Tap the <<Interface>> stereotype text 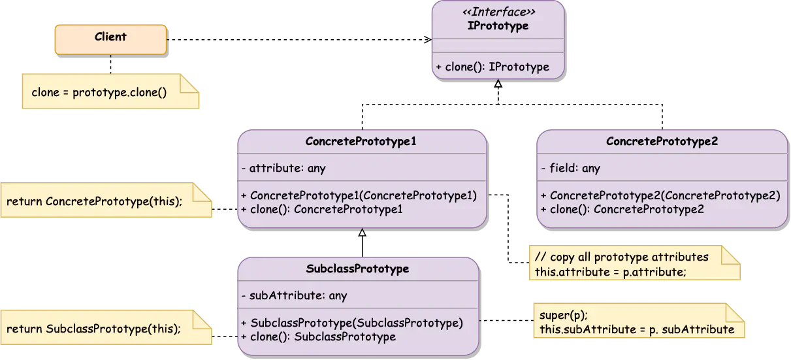point(498,12)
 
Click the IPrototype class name point(498,26)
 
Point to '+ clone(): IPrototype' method point(492,67)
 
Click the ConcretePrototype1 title point(361,141)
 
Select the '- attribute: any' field point(283,168)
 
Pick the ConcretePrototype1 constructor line point(359,195)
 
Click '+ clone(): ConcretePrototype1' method point(321,209)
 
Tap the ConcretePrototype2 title point(662,141)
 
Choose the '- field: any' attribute point(570,168)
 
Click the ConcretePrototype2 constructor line point(660,195)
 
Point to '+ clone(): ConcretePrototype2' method point(622,209)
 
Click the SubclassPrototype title point(357,269)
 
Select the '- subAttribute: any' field point(294,295)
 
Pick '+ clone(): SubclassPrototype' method point(318,336)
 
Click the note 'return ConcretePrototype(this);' point(94,201)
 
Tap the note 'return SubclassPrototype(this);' point(93,329)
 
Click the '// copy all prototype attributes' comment point(621,257)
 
